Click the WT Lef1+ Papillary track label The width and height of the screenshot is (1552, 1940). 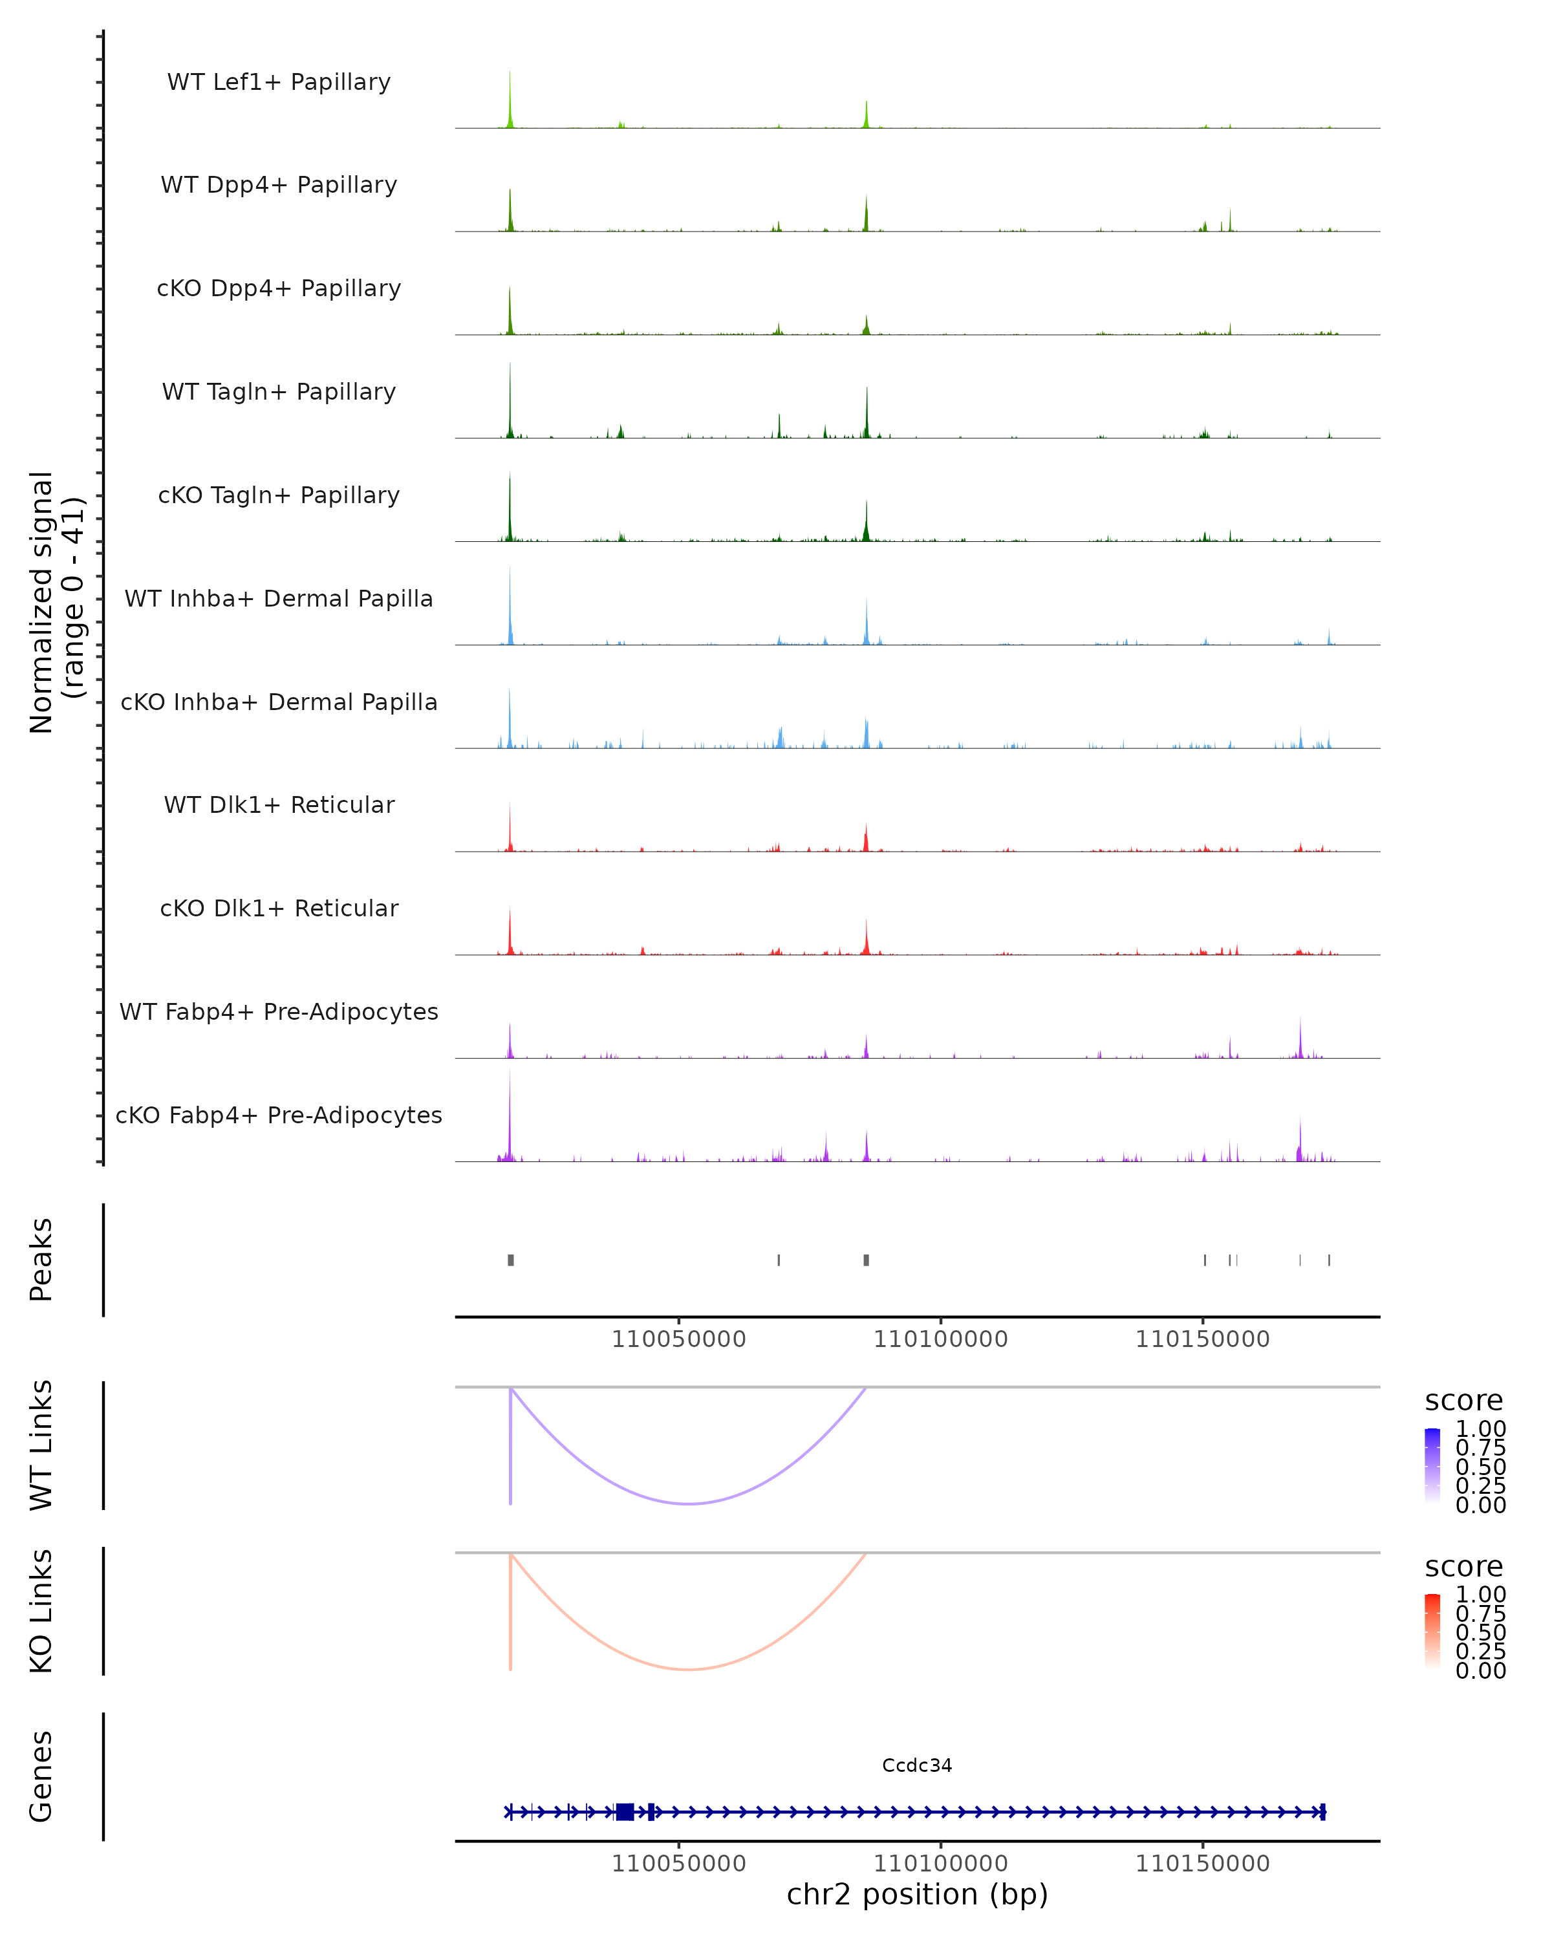(279, 82)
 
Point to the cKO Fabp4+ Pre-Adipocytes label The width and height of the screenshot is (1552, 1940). (279, 1115)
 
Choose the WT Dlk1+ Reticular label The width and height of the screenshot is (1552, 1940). (279, 804)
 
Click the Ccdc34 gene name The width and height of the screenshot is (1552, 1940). (917, 1765)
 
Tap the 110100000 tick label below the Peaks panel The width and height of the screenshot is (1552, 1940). (940, 1340)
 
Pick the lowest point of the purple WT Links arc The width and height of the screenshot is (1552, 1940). (688, 1503)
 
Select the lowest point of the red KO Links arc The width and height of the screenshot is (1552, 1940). (688, 1669)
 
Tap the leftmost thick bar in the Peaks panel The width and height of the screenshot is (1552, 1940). (511, 1260)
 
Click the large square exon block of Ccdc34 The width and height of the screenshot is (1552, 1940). (625, 1811)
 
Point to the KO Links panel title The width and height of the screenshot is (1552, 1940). (41, 1611)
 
